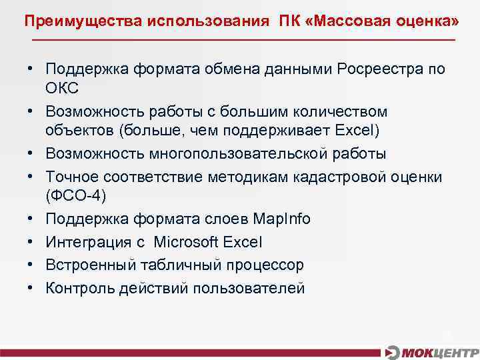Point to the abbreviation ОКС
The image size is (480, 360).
(x=63, y=89)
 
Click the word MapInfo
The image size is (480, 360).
(x=282, y=219)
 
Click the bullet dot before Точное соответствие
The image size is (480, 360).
(x=31, y=176)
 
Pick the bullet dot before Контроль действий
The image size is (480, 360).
(x=31, y=287)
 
